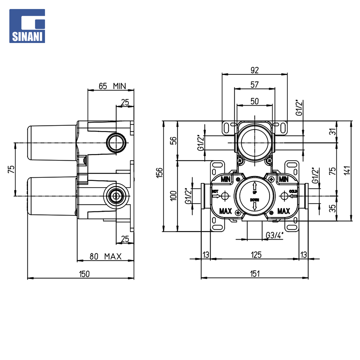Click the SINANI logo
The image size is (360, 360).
tap(27, 26)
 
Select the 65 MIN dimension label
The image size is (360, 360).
tap(112, 86)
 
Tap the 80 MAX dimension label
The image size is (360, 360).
tap(105, 256)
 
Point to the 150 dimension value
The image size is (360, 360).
tap(84, 274)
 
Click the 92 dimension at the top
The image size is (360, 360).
tap(255, 70)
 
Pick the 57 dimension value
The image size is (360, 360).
tap(254, 85)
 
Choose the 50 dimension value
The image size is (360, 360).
tap(254, 101)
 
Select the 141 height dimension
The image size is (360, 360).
tap(347, 170)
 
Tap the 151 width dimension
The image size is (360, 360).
tap(255, 274)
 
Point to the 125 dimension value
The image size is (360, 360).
tap(256, 255)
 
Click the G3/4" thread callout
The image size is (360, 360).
tap(275, 235)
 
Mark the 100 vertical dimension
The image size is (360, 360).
tap(174, 196)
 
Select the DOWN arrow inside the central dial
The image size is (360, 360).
tap(255, 206)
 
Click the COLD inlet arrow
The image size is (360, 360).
tap(293, 196)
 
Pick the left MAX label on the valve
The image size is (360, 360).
tap(225, 211)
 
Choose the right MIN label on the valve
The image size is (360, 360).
tap(284, 179)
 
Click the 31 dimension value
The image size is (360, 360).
tap(333, 132)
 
